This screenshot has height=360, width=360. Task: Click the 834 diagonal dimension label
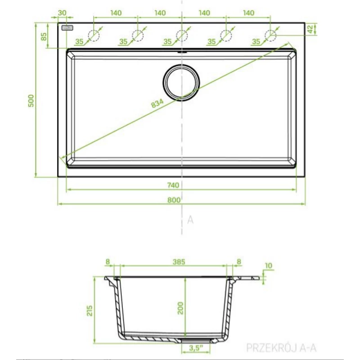tap(157, 103)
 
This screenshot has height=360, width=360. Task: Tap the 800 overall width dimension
tap(174, 200)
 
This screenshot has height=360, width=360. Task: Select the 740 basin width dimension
tap(173, 185)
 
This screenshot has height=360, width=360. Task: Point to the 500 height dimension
tap(31, 100)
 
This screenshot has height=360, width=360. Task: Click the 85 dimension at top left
tap(44, 36)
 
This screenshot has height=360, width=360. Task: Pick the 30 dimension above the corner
tap(62, 13)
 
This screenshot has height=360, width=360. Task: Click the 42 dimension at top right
tap(310, 29)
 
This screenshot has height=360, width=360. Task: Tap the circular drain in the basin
tap(181, 82)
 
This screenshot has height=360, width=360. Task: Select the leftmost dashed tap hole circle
tap(94, 36)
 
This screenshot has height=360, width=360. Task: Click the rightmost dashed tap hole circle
tap(270, 36)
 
